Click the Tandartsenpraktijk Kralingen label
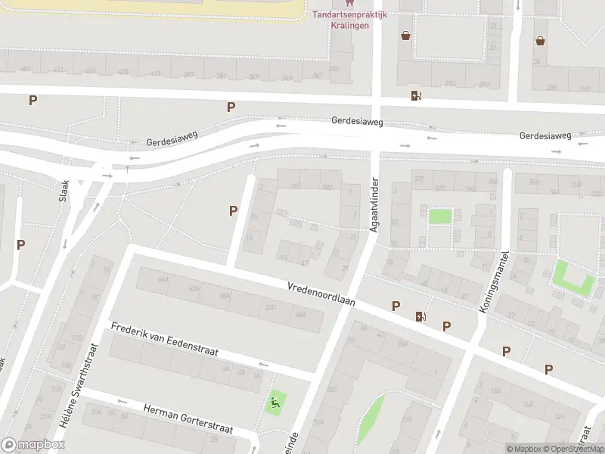click(x=350, y=20)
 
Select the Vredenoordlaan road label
click(x=321, y=294)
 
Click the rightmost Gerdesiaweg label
click(x=545, y=135)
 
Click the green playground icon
click(x=275, y=403)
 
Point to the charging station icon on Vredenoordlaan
click(x=420, y=316)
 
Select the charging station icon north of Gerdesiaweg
click(x=414, y=95)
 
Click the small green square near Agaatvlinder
click(x=440, y=216)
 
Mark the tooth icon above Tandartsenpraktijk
click(x=349, y=3)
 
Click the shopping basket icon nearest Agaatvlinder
click(x=406, y=36)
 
